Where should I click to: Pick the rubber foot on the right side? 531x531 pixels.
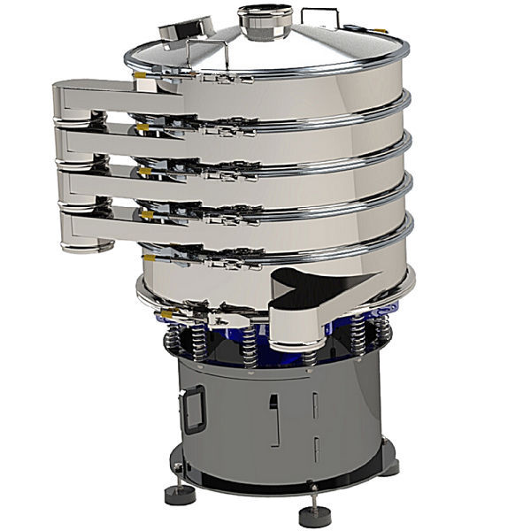point(389,466)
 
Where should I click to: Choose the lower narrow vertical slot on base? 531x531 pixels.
point(315,448)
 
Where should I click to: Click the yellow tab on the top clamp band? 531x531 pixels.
point(140,78)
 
